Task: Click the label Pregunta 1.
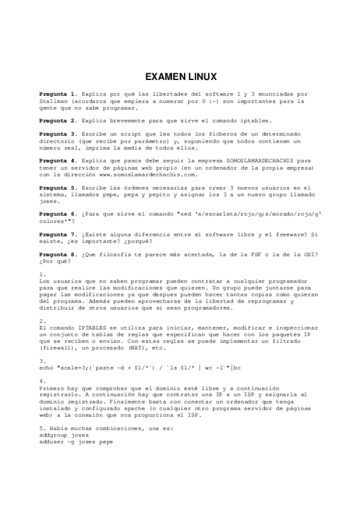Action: point(58,94)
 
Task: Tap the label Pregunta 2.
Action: point(58,120)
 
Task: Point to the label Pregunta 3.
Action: point(58,134)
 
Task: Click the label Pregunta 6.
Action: point(58,214)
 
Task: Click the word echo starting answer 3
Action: point(46,367)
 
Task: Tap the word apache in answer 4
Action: point(135,408)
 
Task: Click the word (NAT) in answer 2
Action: point(138,348)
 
